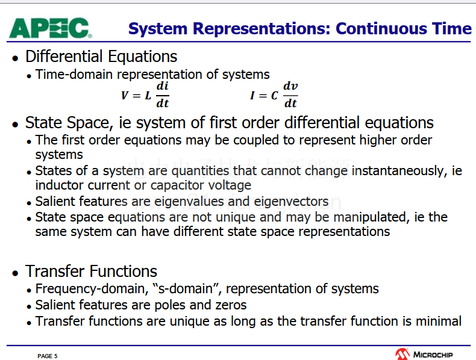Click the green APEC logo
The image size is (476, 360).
51,28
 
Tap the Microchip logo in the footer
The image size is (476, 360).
424,354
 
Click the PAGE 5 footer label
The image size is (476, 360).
48,356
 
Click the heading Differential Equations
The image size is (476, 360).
101,57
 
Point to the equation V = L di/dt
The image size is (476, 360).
145,95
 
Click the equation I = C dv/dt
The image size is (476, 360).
274,95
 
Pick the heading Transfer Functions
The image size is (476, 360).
91,271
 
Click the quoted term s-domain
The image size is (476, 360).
187,288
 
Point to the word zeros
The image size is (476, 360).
231,305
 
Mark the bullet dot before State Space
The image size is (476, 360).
15,125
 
